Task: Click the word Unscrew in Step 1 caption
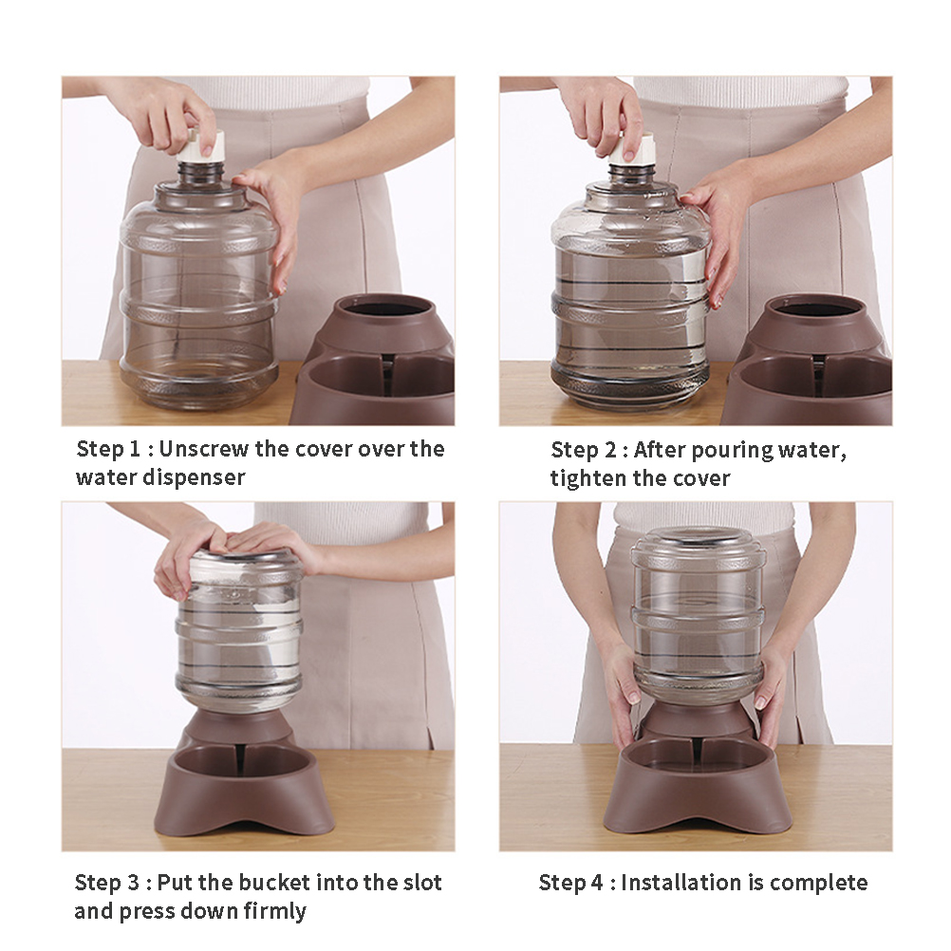tap(204, 450)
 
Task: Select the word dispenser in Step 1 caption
tap(194, 477)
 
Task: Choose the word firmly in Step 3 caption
tap(274, 911)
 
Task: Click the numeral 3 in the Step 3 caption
tap(134, 883)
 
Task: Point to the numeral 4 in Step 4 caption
tap(597, 883)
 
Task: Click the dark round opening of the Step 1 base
tap(389, 308)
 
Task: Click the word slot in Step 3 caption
tap(422, 883)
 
